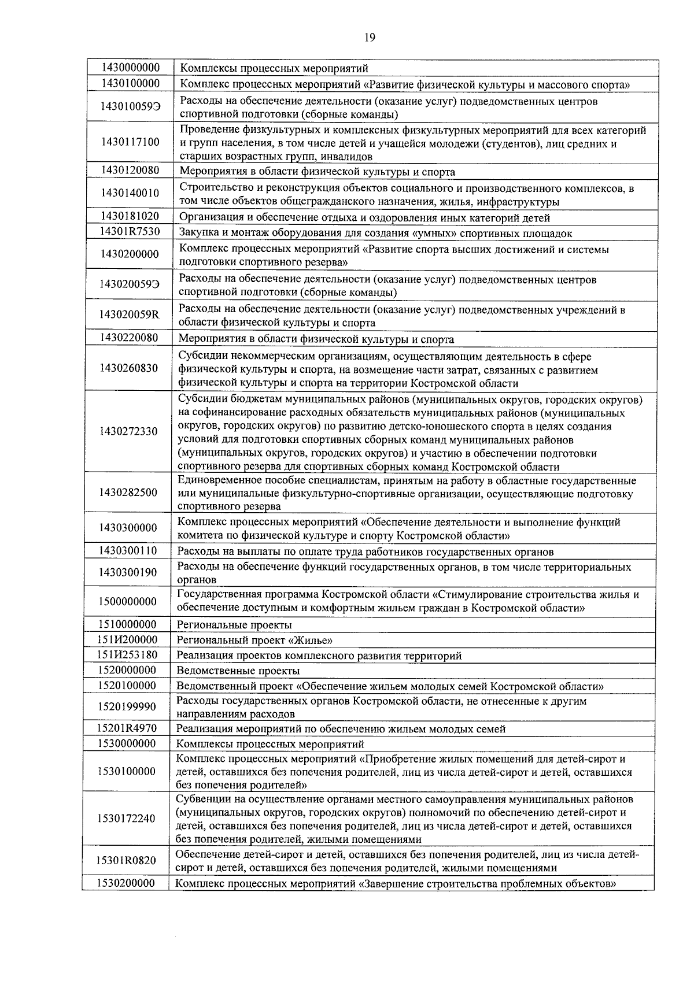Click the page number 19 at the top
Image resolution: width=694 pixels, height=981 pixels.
[x=370, y=38]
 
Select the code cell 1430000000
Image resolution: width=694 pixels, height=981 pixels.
[x=130, y=68]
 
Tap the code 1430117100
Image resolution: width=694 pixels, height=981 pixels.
[x=130, y=142]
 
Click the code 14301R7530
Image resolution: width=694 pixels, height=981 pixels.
[x=130, y=232]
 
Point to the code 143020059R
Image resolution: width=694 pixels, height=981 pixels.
[x=128, y=315]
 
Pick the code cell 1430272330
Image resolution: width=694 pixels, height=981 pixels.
[x=128, y=432]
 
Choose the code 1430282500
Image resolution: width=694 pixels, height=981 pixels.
[x=128, y=493]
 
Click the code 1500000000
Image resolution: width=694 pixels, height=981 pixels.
[x=127, y=602]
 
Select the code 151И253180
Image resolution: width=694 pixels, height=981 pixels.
[x=127, y=655]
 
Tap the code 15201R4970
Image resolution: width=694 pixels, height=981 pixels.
[x=127, y=728]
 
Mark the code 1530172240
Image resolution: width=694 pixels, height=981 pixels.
[x=127, y=819]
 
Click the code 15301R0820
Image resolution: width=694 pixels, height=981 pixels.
[x=126, y=861]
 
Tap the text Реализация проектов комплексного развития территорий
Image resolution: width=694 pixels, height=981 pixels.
[x=319, y=656]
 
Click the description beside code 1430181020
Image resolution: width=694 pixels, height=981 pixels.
[x=364, y=218]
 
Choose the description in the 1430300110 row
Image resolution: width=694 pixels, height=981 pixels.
[x=365, y=552]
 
